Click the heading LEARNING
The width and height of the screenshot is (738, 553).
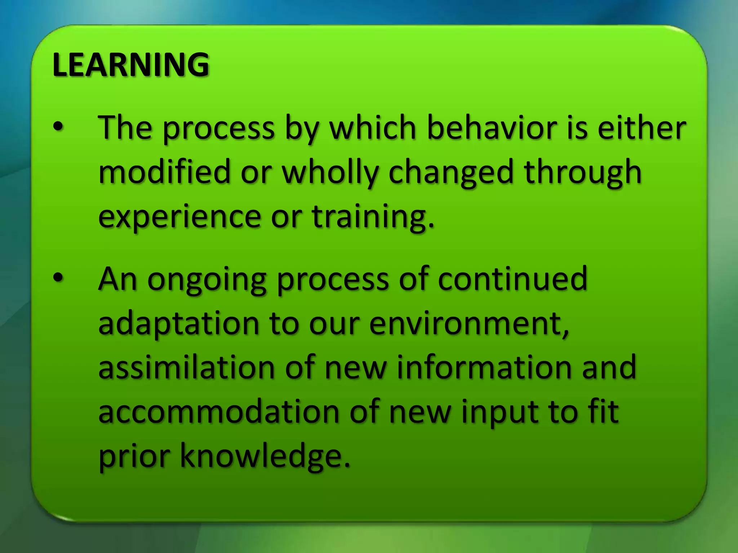(130, 65)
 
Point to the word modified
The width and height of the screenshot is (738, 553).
(164, 172)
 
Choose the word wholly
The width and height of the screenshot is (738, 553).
(330, 172)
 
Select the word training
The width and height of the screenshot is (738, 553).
(373, 217)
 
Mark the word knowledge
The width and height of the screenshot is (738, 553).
(264, 457)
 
